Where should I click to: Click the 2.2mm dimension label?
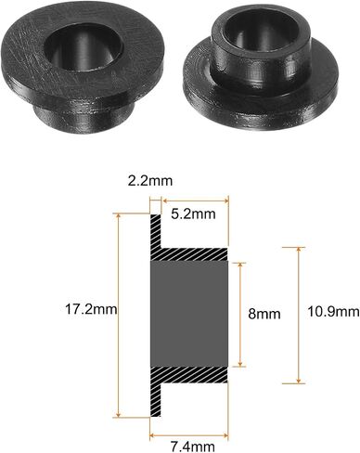[150, 181]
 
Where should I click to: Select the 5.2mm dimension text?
[193, 214]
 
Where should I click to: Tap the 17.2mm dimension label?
[91, 309]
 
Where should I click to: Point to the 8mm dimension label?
[264, 314]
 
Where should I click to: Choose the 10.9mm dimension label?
[333, 312]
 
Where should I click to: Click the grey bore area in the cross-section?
[189, 314]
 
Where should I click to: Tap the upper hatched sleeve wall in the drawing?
[194, 254]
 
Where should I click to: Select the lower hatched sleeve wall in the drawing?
[194, 374]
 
